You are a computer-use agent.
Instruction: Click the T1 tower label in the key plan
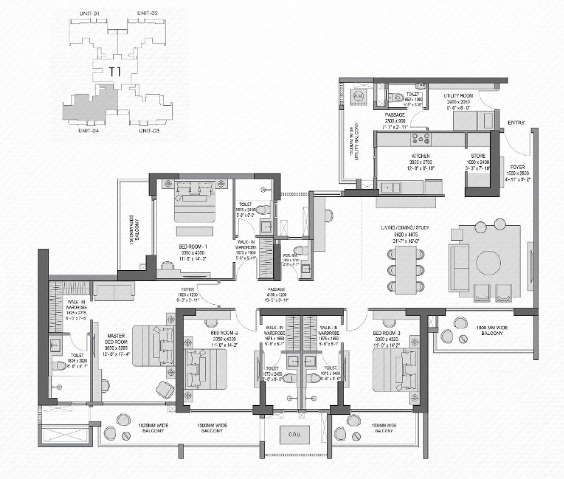pyautogui.click(x=115, y=71)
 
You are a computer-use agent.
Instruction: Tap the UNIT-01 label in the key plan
pyautogui.click(x=89, y=14)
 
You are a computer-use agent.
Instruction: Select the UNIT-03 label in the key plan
pyautogui.click(x=149, y=131)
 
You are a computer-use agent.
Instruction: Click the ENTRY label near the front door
pyautogui.click(x=516, y=123)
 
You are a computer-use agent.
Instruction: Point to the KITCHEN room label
pyautogui.click(x=420, y=156)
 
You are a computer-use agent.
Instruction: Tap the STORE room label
pyautogui.click(x=478, y=156)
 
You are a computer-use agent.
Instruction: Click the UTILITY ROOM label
pyautogui.click(x=458, y=96)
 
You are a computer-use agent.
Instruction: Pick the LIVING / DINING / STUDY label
pyautogui.click(x=410, y=227)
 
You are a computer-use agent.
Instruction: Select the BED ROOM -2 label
pyautogui.click(x=224, y=333)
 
